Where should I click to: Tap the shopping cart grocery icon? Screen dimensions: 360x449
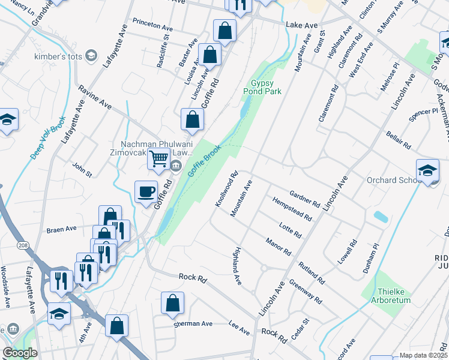158,159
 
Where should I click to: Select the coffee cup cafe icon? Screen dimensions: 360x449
146,192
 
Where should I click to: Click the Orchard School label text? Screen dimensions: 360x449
392,180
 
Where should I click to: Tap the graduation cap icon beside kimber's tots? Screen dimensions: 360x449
91,56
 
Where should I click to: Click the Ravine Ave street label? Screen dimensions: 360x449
95,97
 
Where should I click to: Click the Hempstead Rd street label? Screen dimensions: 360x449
292,209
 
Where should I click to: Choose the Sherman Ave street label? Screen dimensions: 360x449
193,323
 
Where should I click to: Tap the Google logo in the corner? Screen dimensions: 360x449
20,353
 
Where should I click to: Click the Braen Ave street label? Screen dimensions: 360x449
62,229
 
